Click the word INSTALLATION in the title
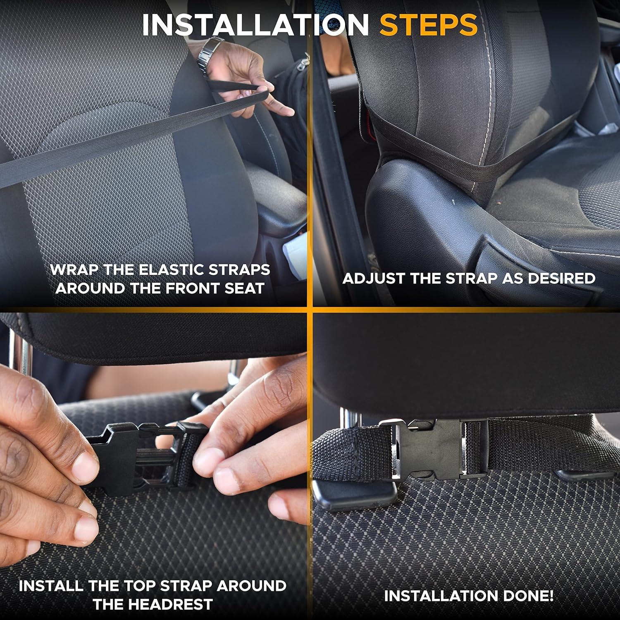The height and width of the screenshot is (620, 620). pyautogui.click(x=255, y=25)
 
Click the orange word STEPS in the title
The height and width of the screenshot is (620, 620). pyautogui.click(x=429, y=25)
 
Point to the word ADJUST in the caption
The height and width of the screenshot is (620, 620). pyautogui.click(x=374, y=278)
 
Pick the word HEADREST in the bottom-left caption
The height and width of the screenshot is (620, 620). pyautogui.click(x=153, y=604)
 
